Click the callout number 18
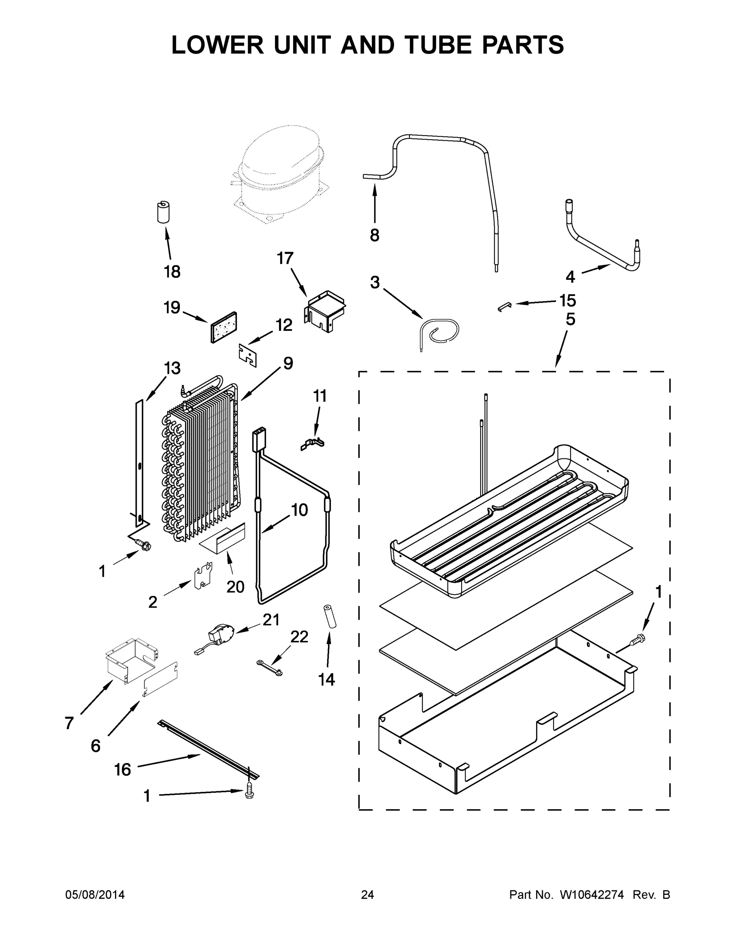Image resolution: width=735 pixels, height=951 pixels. [x=172, y=272]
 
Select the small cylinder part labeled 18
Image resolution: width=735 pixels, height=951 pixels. [x=163, y=212]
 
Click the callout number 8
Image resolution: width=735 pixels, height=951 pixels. [x=374, y=235]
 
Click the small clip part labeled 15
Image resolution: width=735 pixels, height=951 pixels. [x=504, y=307]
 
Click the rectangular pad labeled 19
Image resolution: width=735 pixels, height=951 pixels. [x=224, y=327]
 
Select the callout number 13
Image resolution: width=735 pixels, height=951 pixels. [x=172, y=369]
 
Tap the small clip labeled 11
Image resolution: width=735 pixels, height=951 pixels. [x=312, y=444]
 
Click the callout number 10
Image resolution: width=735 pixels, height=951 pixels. [x=299, y=510]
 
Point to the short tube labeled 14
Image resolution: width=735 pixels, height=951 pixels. [x=330, y=617]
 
